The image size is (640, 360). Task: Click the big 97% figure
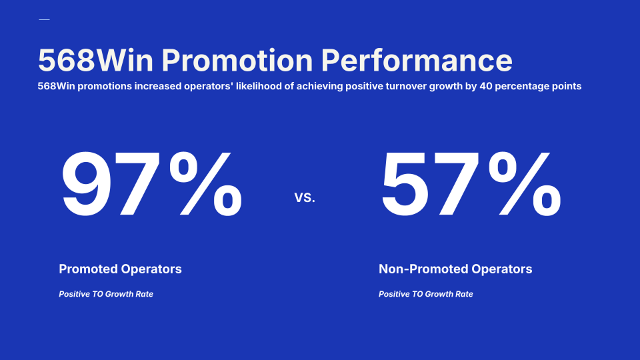pos(151,184)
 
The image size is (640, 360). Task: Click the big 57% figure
pos(471,184)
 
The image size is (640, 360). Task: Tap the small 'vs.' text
pos(305,197)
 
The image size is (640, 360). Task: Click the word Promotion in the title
pos(237,61)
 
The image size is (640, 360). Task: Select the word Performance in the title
pos(416,61)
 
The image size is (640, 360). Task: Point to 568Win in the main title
pos(95,61)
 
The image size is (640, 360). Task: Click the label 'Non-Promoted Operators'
pos(455,269)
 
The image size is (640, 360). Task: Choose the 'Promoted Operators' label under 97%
pos(120,269)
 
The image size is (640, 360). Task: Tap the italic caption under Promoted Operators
pos(106,294)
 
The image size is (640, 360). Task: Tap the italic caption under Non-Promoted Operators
pos(426,294)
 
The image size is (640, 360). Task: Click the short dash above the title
pos(44,19)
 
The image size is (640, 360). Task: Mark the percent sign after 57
pos(525,184)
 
